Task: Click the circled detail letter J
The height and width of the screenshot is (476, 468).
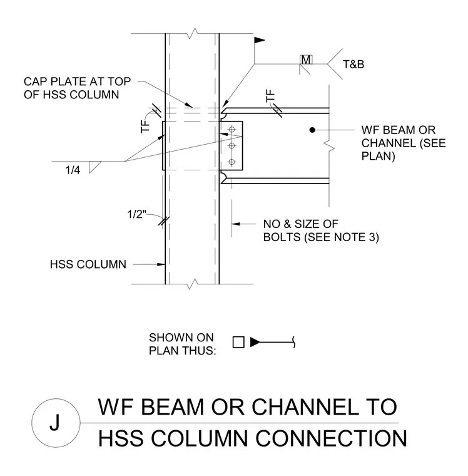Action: click(x=54, y=423)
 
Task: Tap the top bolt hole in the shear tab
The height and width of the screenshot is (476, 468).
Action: click(x=231, y=130)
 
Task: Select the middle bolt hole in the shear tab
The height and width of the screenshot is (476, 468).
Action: click(x=231, y=146)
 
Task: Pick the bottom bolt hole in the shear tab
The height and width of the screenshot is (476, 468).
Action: click(x=231, y=162)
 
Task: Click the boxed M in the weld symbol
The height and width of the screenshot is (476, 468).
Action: click(x=306, y=59)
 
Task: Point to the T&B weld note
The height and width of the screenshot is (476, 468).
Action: click(x=354, y=65)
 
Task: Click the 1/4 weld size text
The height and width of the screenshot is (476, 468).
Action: click(x=73, y=170)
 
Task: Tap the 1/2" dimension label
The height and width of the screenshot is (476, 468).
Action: click(x=137, y=214)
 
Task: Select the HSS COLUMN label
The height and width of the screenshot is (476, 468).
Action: click(x=88, y=264)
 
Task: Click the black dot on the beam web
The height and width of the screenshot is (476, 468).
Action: click(x=312, y=130)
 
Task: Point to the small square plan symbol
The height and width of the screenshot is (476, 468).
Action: click(x=238, y=342)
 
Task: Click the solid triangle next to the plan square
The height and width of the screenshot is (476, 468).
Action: click(x=255, y=342)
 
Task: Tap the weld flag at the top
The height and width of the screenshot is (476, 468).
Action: click(x=259, y=40)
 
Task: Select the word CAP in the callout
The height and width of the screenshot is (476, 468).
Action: click(x=36, y=81)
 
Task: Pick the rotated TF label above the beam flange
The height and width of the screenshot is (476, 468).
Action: click(x=270, y=96)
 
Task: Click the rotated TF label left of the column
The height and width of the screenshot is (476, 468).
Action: click(x=146, y=127)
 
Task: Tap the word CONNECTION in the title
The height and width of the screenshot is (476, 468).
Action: click(x=331, y=438)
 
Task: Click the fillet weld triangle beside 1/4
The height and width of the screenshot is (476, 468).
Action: click(x=93, y=167)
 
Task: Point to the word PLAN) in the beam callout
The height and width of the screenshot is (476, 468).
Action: click(x=379, y=156)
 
